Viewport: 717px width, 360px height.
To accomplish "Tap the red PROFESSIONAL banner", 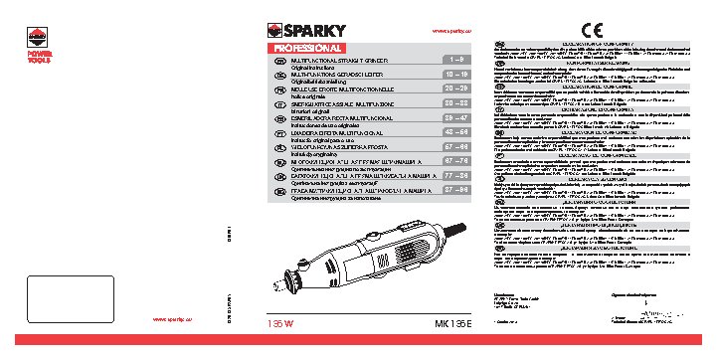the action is click(x=307, y=48).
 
